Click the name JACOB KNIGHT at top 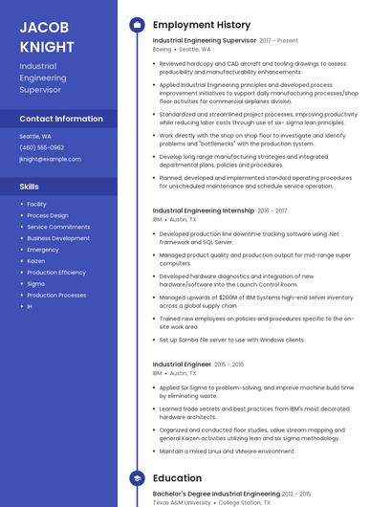pos(47,36)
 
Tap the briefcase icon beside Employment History pos(137,25)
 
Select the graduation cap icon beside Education pos(137,477)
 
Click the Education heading pos(177,477)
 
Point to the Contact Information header pos(61,119)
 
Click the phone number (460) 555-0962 pos(41,147)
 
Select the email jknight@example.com pos(50,159)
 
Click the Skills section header pos(30,187)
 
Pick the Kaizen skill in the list pos(36,260)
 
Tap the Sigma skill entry pos(35,283)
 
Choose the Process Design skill pos(48,215)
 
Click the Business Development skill pos(58,238)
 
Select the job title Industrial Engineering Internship pos(203,210)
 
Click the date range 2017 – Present pos(278,41)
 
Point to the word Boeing pos(162,49)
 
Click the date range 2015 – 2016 pos(229,364)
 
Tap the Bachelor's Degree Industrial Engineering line pos(216,494)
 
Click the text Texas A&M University pos(184,502)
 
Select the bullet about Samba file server pos(231,340)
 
